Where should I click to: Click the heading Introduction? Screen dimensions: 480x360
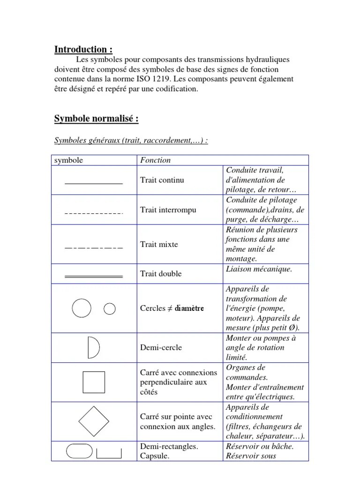[x=83, y=50]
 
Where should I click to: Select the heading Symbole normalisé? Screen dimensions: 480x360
[x=97, y=119]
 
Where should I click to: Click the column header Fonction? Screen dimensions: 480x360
[x=156, y=160]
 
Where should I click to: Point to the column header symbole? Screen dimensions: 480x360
[x=69, y=160]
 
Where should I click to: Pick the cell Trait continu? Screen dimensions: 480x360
[x=162, y=180]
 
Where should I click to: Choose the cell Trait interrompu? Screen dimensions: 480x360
[x=168, y=210]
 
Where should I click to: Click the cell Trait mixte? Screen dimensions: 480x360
[x=159, y=244]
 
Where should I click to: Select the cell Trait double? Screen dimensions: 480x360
[x=161, y=274]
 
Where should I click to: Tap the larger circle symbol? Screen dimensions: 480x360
[x=82, y=308]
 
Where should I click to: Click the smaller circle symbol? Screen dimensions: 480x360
[x=109, y=308]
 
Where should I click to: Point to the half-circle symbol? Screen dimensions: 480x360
[x=93, y=347]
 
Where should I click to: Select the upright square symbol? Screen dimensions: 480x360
[x=94, y=382]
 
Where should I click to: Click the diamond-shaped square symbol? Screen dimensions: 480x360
[x=94, y=421]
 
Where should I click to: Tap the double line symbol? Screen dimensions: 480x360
[x=94, y=277]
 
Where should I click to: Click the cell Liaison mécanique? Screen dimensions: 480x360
[x=259, y=269]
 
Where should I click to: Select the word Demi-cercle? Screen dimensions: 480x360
[x=161, y=348]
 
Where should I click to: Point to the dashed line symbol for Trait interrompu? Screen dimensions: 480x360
[x=94, y=214]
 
